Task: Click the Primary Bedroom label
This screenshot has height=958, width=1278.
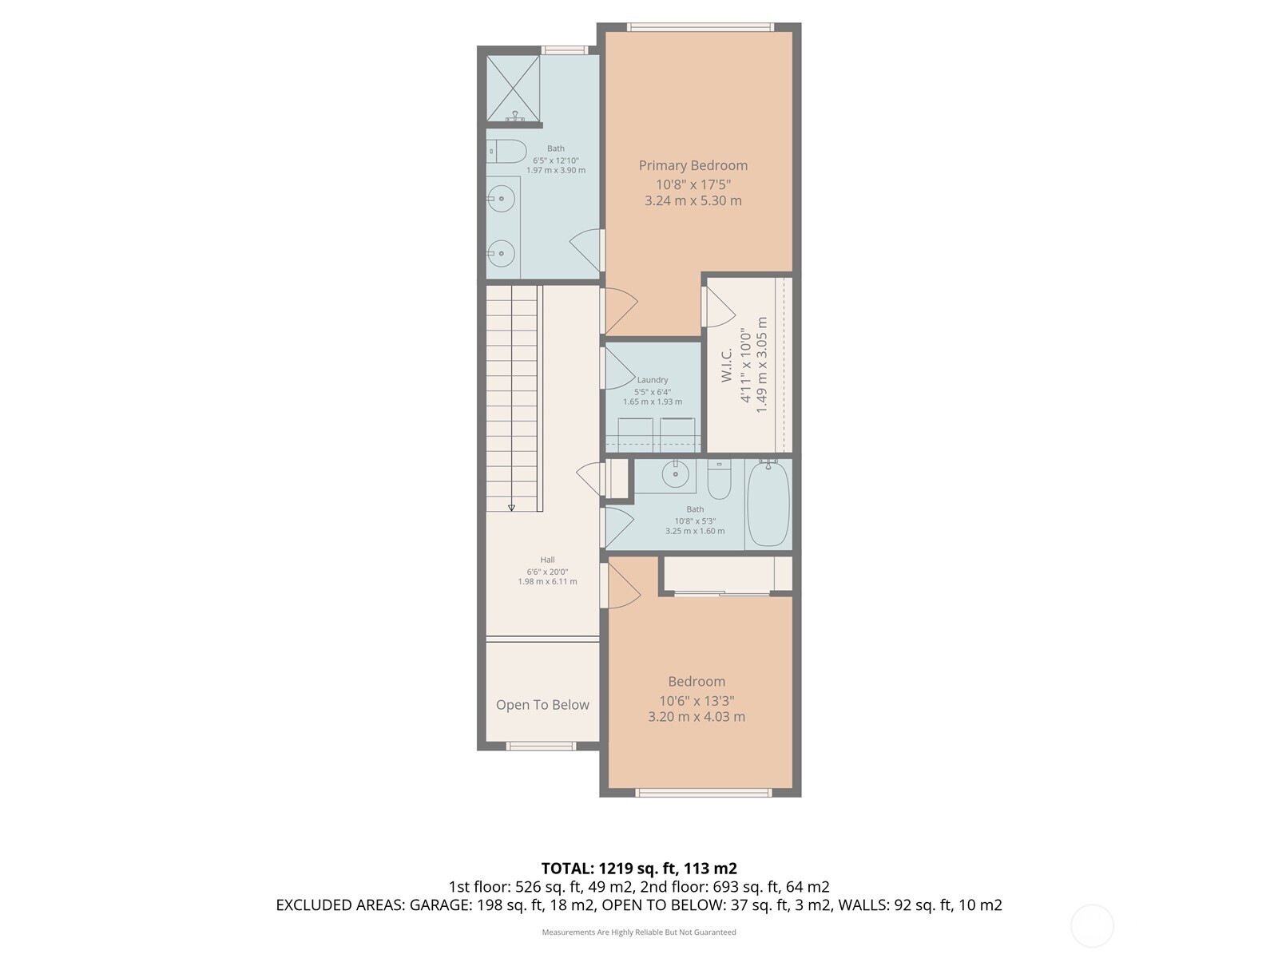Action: click(x=693, y=165)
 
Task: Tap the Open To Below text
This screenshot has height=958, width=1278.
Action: click(x=542, y=705)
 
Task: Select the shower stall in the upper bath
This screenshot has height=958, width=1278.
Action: click(x=513, y=88)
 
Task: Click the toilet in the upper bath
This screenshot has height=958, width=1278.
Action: click(x=506, y=151)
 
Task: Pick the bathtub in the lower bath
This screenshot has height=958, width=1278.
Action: click(x=768, y=504)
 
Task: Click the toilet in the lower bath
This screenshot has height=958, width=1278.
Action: click(x=719, y=480)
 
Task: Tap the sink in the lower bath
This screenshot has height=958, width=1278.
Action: click(x=676, y=474)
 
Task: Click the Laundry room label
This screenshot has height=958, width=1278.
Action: click(x=653, y=380)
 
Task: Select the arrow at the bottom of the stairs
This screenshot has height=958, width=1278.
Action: click(x=511, y=506)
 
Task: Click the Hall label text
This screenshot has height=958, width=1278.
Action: click(x=547, y=560)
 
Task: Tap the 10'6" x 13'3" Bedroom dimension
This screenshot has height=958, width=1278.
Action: click(x=697, y=701)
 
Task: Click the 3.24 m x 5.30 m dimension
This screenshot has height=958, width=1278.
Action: click(x=693, y=201)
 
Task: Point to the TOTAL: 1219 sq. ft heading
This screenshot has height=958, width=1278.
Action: click(x=638, y=869)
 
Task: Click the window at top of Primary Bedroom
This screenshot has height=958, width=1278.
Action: click(x=700, y=27)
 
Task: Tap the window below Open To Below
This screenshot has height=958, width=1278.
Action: click(x=541, y=746)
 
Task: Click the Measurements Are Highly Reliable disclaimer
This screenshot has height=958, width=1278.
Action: click(x=638, y=932)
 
